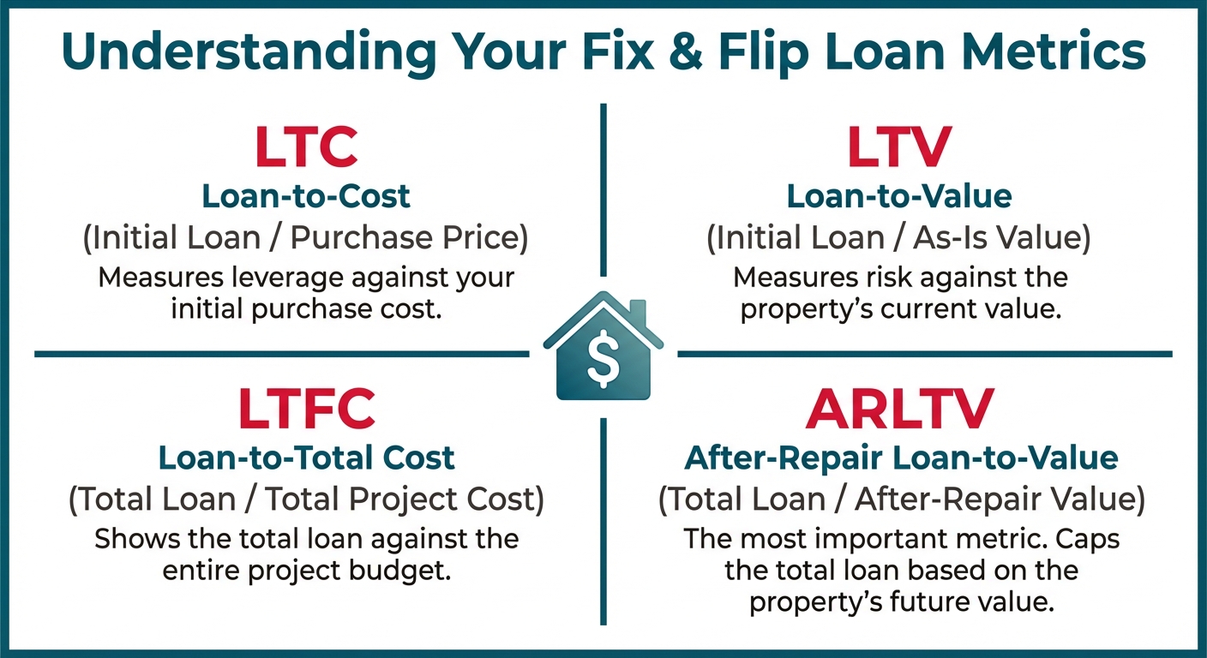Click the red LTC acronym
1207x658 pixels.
(x=306, y=147)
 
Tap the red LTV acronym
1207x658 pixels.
(x=899, y=147)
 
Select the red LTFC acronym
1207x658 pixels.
(x=307, y=408)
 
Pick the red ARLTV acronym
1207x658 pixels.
(x=899, y=408)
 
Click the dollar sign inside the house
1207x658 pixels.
(x=603, y=358)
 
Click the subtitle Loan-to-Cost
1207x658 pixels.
(x=306, y=196)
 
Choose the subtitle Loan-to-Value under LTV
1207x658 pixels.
(x=899, y=196)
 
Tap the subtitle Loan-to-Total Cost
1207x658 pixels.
(x=307, y=458)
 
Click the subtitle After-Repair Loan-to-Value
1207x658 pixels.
(x=901, y=458)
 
